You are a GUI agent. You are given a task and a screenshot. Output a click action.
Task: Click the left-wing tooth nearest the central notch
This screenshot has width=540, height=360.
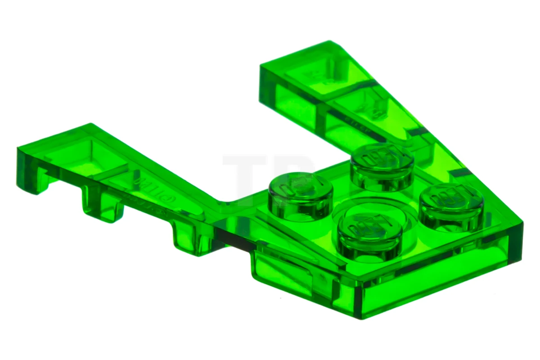tap(189, 238)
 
